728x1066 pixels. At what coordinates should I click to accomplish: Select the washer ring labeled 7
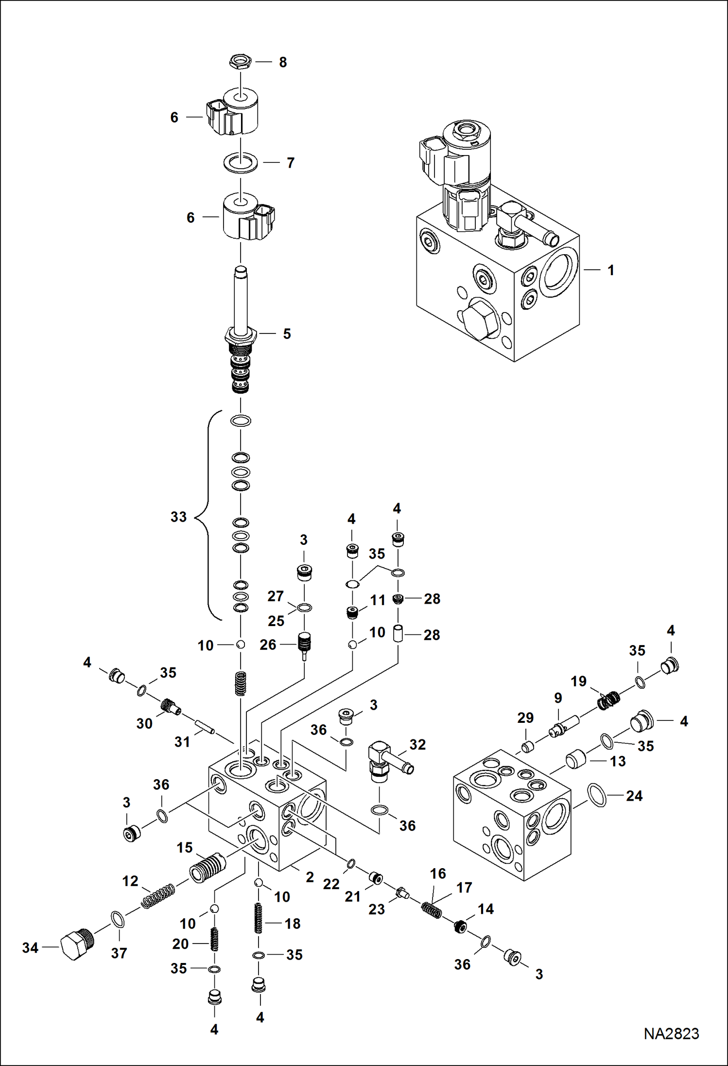(241, 163)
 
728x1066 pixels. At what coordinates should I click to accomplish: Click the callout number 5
(287, 334)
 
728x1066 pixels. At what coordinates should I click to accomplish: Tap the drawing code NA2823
(671, 1033)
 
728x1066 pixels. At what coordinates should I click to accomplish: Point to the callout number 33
(178, 517)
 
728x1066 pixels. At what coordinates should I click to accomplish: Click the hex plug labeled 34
(75, 945)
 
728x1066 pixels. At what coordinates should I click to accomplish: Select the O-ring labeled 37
(118, 919)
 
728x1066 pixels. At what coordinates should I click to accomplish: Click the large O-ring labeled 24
(597, 796)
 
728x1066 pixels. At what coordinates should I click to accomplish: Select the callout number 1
(611, 270)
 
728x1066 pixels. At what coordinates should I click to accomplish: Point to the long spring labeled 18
(259, 918)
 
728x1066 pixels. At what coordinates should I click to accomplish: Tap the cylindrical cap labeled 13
(575, 759)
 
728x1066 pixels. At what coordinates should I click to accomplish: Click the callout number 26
(268, 645)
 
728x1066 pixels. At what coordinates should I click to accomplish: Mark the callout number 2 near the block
(310, 877)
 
